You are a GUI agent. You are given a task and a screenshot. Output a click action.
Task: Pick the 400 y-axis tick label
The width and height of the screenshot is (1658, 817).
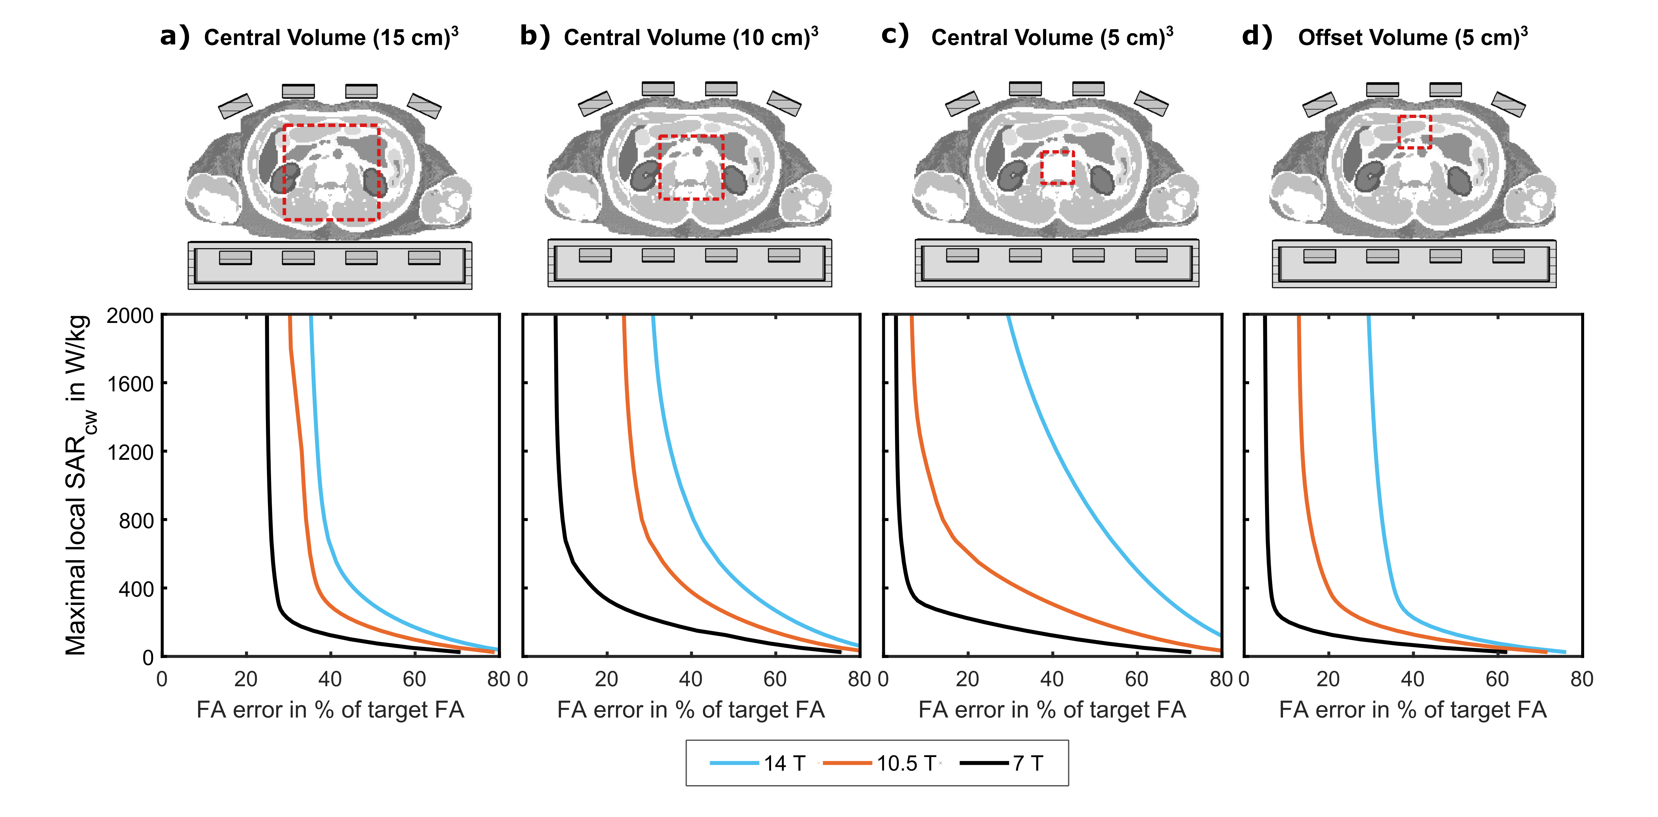click(x=136, y=589)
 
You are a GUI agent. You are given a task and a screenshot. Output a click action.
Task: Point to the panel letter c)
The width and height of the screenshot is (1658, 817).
click(x=895, y=35)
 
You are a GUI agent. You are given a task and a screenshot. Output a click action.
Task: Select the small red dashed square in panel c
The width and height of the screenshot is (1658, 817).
click(x=1057, y=167)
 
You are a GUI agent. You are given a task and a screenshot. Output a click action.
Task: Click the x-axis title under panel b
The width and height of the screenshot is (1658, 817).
click(x=691, y=710)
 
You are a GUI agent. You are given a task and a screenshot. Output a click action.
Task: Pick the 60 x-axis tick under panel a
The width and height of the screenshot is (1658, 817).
click(x=415, y=679)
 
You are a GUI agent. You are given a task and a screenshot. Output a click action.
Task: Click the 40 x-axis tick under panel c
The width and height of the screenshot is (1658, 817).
click(x=1052, y=679)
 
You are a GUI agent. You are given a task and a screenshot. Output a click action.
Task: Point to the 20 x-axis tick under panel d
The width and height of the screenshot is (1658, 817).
click(x=1328, y=679)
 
